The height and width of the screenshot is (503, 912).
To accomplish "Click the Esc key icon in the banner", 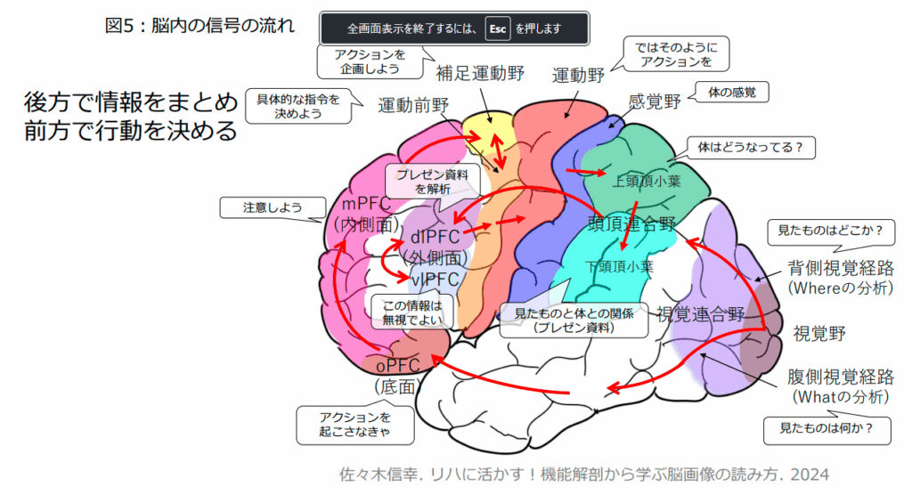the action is (498, 28).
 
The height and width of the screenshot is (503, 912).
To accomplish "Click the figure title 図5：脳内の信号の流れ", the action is (199, 26).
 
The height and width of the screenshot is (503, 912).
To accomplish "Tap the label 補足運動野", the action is (480, 73).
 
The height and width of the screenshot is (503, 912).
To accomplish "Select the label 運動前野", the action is (413, 105).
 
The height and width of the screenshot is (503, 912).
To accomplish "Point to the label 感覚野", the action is (655, 101).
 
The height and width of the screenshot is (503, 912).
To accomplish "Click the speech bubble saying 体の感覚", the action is (732, 92).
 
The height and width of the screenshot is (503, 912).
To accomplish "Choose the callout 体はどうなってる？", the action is (751, 148).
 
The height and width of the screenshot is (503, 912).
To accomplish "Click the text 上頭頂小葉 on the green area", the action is (647, 182).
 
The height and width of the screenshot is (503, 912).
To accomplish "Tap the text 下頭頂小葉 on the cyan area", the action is (619, 267).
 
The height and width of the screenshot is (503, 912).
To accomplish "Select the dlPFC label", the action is (435, 237).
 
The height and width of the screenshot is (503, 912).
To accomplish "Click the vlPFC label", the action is (435, 280).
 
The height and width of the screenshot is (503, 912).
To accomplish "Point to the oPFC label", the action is (398, 366).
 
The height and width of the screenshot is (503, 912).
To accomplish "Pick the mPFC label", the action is (366, 204).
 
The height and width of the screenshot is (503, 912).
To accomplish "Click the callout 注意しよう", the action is (273, 207).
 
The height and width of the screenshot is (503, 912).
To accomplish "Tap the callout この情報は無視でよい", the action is (412, 312).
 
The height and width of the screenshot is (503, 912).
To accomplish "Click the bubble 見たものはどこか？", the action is (831, 231).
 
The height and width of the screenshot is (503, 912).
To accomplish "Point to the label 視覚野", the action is (819, 334).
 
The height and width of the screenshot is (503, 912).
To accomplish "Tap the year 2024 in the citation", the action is (810, 475).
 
